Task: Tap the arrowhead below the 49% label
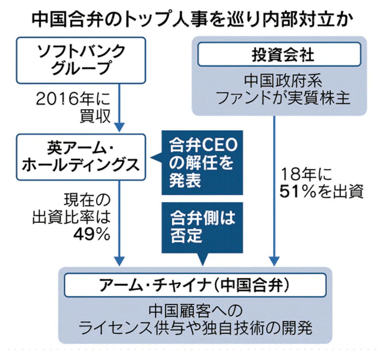[x=120, y=261]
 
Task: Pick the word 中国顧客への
[x=194, y=311]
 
